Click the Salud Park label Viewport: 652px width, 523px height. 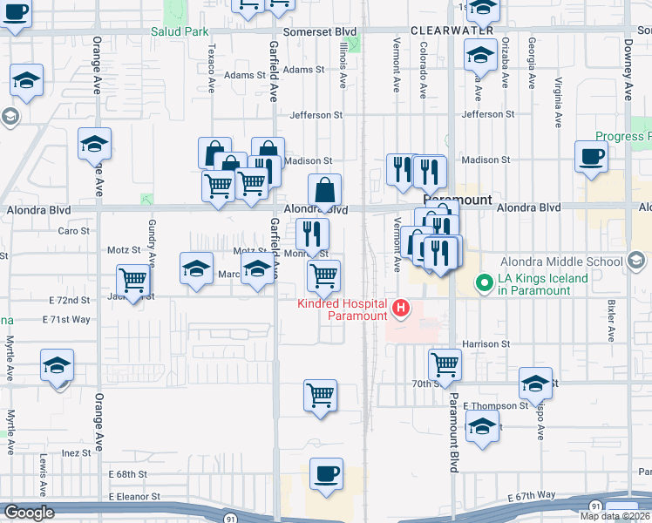180,31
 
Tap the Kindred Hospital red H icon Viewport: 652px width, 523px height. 401,308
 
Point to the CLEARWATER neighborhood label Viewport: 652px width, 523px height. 452,31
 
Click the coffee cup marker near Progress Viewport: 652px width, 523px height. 591,156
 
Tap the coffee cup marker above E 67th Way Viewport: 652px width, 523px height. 326,474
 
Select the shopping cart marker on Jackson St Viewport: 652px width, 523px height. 133,280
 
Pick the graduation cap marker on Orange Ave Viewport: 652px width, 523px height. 94,143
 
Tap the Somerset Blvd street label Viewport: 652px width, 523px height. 327,31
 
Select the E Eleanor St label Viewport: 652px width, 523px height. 134,496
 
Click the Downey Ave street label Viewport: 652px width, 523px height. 628,70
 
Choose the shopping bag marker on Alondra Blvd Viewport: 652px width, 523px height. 324,190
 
